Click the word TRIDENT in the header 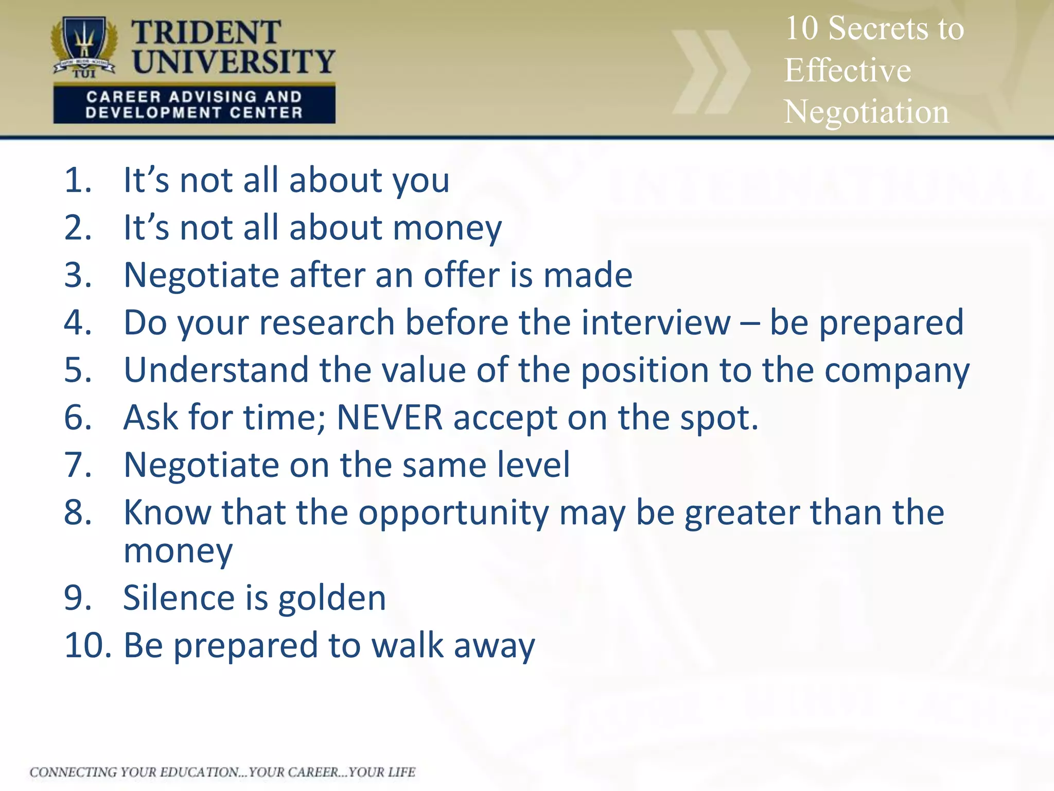[206, 33]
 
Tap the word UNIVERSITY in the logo [234, 62]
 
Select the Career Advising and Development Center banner [194, 105]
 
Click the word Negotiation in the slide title [866, 112]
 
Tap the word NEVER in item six [390, 417]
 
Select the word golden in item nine [332, 598]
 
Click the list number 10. [86, 645]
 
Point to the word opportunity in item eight [453, 513]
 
